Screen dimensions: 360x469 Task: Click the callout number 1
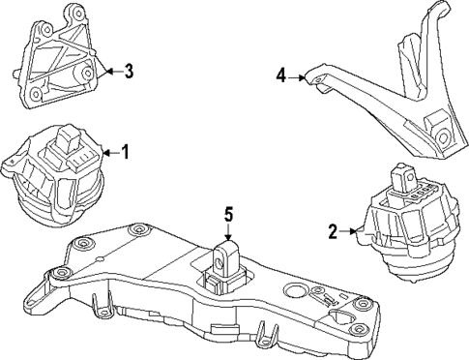(x=124, y=153)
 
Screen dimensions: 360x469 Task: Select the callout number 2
(x=332, y=231)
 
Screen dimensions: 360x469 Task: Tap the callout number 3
(x=130, y=70)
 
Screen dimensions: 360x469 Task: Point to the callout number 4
(x=281, y=74)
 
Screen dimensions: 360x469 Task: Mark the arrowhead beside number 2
(x=356, y=231)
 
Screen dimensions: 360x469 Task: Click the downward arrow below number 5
(x=229, y=240)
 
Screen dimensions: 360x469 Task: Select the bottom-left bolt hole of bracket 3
(x=36, y=95)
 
